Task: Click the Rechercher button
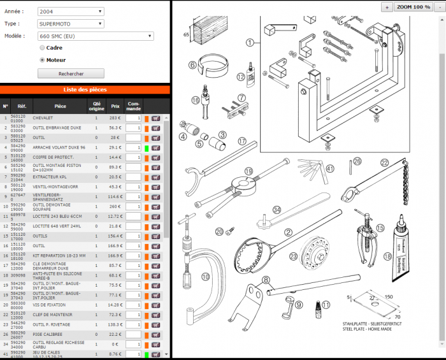pyautogui.click(x=80, y=74)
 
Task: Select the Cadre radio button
pyautogui.click(x=43, y=48)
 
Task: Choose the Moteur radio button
pyautogui.click(x=43, y=60)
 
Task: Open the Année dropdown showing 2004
pyautogui.click(x=70, y=11)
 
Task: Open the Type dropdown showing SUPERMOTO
pyautogui.click(x=70, y=24)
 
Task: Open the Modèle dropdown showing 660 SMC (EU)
pyautogui.click(x=95, y=36)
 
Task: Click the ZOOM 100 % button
pyautogui.click(x=414, y=6)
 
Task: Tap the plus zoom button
pyautogui.click(x=387, y=6)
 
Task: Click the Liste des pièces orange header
pyautogui.click(x=85, y=90)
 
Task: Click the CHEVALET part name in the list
pyautogui.click(x=43, y=118)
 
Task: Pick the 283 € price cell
pyautogui.click(x=115, y=118)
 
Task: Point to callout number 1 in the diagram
pyautogui.click(x=250, y=43)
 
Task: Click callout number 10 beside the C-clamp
pyautogui.click(x=205, y=276)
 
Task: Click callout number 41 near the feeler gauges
pyautogui.click(x=329, y=169)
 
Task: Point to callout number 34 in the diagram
pyautogui.click(x=277, y=210)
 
